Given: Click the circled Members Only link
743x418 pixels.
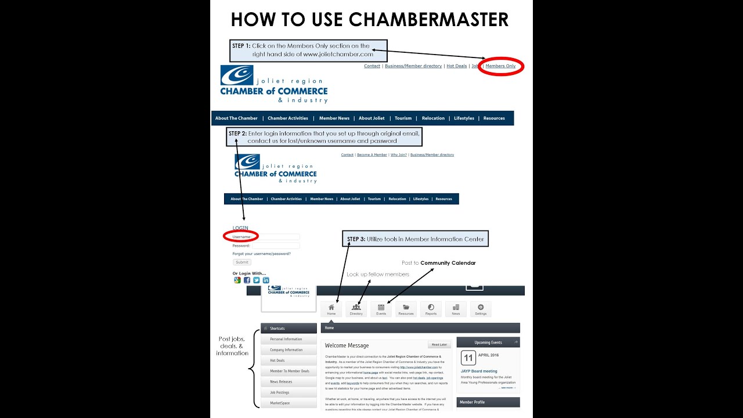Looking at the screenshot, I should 500,66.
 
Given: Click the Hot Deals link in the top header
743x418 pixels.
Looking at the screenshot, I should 457,66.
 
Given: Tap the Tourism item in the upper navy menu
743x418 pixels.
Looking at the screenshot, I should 403,118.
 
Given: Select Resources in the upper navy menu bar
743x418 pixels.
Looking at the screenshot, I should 494,118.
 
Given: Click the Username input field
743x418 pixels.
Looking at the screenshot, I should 279,237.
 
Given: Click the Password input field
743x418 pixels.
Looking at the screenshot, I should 276,246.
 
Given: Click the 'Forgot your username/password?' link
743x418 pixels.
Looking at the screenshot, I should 261,254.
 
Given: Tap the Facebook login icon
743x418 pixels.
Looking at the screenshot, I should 247,280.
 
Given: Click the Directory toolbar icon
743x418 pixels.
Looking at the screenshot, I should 356,309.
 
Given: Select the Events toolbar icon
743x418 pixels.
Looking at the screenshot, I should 381,309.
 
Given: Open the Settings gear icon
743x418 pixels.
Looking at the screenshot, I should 481,309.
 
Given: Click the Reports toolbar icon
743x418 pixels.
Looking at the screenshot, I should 431,309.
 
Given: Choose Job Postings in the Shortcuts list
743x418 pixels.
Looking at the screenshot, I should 279,392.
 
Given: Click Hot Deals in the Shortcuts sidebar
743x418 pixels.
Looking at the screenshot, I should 277,361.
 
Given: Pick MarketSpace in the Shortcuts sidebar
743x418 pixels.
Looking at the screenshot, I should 280,403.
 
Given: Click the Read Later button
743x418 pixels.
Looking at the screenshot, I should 439,344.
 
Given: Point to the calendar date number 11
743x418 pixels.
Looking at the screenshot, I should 468,358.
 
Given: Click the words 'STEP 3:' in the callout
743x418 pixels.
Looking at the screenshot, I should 356,239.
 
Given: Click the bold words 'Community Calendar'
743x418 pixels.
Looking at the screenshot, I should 448,263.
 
